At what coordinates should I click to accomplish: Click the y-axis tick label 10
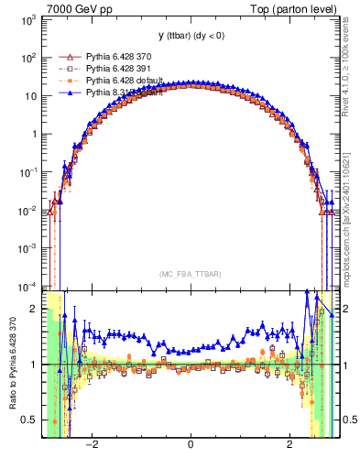click(29, 96)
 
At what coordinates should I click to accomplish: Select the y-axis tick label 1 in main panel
click(33, 135)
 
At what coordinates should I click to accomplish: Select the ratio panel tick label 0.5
click(29, 420)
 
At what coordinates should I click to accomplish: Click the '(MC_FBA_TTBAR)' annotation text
click(190, 273)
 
